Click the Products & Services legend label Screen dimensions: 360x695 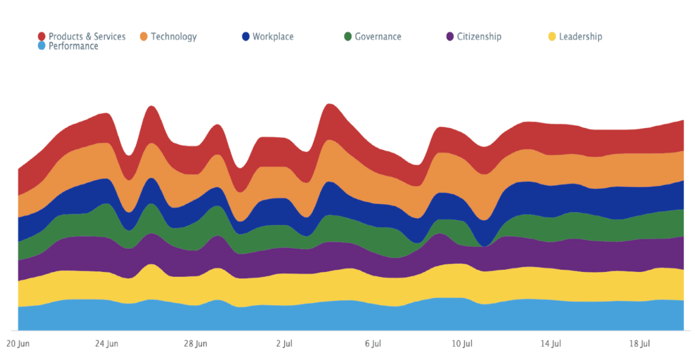pyautogui.click(x=87, y=36)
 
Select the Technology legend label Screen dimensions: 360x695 pyautogui.click(x=174, y=36)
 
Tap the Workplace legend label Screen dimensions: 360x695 pyautogui.click(x=273, y=36)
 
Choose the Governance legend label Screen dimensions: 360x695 pyautogui.click(x=378, y=36)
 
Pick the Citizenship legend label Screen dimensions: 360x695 pyautogui.click(x=479, y=36)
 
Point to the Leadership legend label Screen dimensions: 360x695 pyautogui.click(x=580, y=36)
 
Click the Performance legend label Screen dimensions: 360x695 pyautogui.click(x=74, y=46)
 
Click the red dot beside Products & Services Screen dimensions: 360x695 pyautogui.click(x=42, y=36)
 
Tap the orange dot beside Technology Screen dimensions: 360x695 pyautogui.click(x=144, y=36)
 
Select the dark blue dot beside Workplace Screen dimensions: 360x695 pyautogui.click(x=246, y=36)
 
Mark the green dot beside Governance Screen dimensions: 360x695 pyautogui.click(x=347, y=36)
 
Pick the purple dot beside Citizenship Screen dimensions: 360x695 pyautogui.click(x=450, y=36)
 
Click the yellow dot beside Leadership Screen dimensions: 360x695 pyautogui.click(x=552, y=36)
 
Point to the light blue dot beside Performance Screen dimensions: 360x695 pyautogui.click(x=42, y=46)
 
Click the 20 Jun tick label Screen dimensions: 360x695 pyautogui.click(x=18, y=344)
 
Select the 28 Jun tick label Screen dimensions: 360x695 pyautogui.click(x=195, y=344)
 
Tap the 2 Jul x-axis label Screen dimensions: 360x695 pyautogui.click(x=284, y=344)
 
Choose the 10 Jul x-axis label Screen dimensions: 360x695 pyautogui.click(x=462, y=344)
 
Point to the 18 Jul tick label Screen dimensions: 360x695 pyautogui.click(x=640, y=344)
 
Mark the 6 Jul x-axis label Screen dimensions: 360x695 pyautogui.click(x=373, y=344)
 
